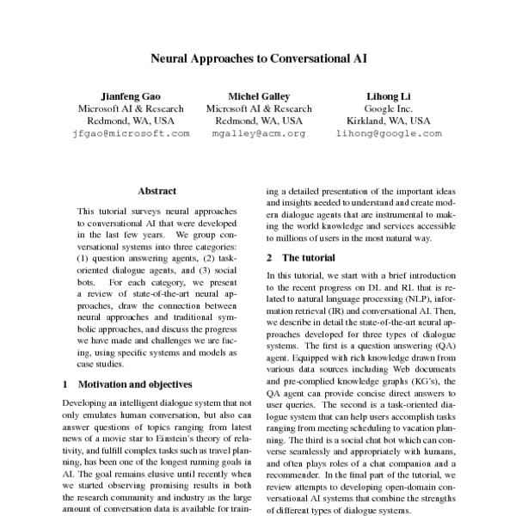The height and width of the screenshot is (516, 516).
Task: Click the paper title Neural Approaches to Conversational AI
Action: point(259,61)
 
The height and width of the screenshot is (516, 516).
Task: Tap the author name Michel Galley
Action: point(259,95)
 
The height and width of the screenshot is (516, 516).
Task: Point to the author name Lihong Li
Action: point(389,95)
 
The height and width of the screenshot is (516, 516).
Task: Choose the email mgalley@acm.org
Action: point(259,134)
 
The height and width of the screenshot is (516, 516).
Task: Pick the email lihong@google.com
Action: point(389,134)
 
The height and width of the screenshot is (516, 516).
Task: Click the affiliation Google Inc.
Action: point(389,108)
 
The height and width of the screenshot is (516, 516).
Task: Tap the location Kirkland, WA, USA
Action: point(389,121)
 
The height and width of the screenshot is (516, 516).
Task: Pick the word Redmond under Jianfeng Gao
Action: point(96,121)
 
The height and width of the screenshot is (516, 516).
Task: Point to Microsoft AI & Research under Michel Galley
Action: point(259,108)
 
